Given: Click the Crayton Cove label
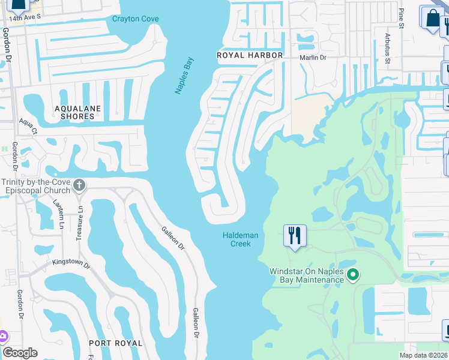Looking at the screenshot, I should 136,19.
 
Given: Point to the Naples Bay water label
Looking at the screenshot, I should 185,76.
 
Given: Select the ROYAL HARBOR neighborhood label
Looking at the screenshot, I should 249,55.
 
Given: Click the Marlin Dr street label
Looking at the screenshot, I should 313,58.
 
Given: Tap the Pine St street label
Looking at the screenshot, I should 402,16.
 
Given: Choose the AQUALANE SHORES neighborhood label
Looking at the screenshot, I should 77,112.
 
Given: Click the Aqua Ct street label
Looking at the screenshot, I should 28,127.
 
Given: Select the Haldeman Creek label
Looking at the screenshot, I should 240,239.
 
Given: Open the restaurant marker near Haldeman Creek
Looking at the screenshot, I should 294,235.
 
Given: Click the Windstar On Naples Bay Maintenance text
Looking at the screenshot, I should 306,275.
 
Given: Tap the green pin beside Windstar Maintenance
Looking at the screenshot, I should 354,275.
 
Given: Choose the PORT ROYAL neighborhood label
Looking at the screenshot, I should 115,343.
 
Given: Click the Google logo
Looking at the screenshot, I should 20,353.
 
